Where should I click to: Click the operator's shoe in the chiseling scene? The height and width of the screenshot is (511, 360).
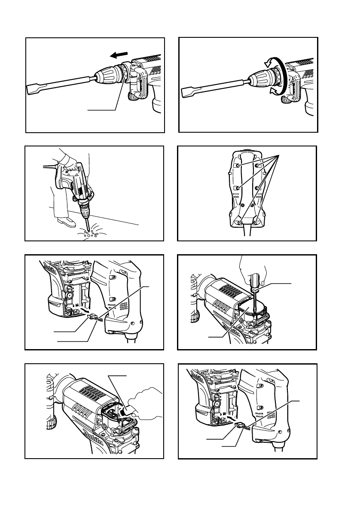[x=67, y=222]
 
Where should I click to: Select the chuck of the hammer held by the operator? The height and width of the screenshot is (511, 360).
[x=84, y=207]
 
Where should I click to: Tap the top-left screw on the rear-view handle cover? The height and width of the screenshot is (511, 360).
[x=236, y=164]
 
